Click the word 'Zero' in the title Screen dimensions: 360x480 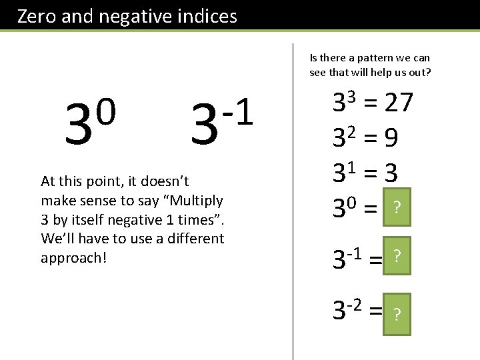[x=37, y=16]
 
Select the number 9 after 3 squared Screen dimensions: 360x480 [x=391, y=138]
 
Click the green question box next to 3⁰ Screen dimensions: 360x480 [x=397, y=209]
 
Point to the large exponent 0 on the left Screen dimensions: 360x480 [x=107, y=106]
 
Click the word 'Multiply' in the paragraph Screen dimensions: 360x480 [x=197, y=200]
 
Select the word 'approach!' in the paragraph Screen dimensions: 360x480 [x=73, y=258]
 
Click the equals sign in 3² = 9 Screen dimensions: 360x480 [x=372, y=139]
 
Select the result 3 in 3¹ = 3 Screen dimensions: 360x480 [x=391, y=174]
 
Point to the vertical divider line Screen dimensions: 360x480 [x=293, y=200]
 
